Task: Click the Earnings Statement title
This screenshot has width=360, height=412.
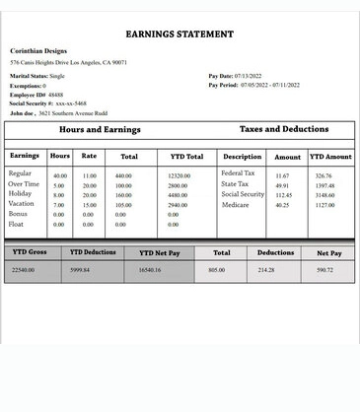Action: coord(180,34)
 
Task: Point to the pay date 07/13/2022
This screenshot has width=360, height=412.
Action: coord(248,76)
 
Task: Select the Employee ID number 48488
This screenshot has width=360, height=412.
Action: coord(56,94)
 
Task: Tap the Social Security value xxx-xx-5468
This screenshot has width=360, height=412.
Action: coord(71,103)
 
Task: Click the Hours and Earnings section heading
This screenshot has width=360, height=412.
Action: coord(100,130)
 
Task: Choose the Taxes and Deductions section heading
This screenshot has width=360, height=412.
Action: coord(284,129)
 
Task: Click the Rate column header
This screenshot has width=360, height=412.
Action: coord(89,156)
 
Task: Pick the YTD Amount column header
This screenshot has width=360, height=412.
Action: coord(330,157)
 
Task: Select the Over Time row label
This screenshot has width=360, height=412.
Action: coord(24,184)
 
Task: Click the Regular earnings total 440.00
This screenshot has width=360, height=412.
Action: coord(123,175)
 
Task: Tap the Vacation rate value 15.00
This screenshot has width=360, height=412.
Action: coord(89,205)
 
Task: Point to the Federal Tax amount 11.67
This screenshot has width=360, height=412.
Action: coord(282,175)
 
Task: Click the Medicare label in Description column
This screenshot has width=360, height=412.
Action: coord(236,205)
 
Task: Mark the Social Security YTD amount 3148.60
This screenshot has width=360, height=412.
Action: coord(324,195)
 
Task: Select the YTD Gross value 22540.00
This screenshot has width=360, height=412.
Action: coord(23,269)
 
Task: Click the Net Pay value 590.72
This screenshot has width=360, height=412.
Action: coord(324,269)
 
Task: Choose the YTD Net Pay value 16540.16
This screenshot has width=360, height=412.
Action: coord(151,269)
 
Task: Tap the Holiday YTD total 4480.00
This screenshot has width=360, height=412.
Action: coord(178,195)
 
